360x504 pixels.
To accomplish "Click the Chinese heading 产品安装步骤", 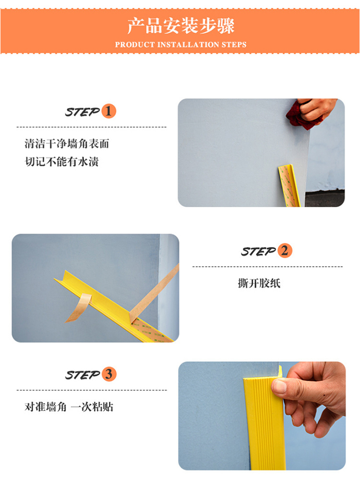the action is pyautogui.click(x=181, y=26).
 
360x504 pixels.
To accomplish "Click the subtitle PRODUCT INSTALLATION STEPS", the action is pyautogui.click(x=181, y=45).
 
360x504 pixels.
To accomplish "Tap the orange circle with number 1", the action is pyautogui.click(x=108, y=111).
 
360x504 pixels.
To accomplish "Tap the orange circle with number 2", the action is pyautogui.click(x=285, y=250).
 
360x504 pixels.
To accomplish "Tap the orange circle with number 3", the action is pyautogui.click(x=109, y=374).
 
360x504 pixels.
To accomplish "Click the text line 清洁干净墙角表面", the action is pyautogui.click(x=67, y=143).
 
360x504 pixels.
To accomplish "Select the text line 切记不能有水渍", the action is pyautogui.click(x=61, y=161).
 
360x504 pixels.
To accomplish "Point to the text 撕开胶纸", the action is pyautogui.click(x=259, y=283).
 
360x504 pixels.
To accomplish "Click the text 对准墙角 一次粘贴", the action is pyautogui.click(x=69, y=406).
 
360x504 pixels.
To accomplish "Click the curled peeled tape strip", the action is pyautogui.click(x=79, y=307).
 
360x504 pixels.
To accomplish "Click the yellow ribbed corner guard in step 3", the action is pyautogui.click(x=265, y=421).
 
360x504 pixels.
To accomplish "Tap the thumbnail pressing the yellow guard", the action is pyautogui.click(x=279, y=386).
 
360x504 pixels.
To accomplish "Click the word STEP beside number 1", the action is pyautogui.click(x=83, y=112).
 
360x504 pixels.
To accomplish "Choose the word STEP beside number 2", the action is pyautogui.click(x=259, y=251).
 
